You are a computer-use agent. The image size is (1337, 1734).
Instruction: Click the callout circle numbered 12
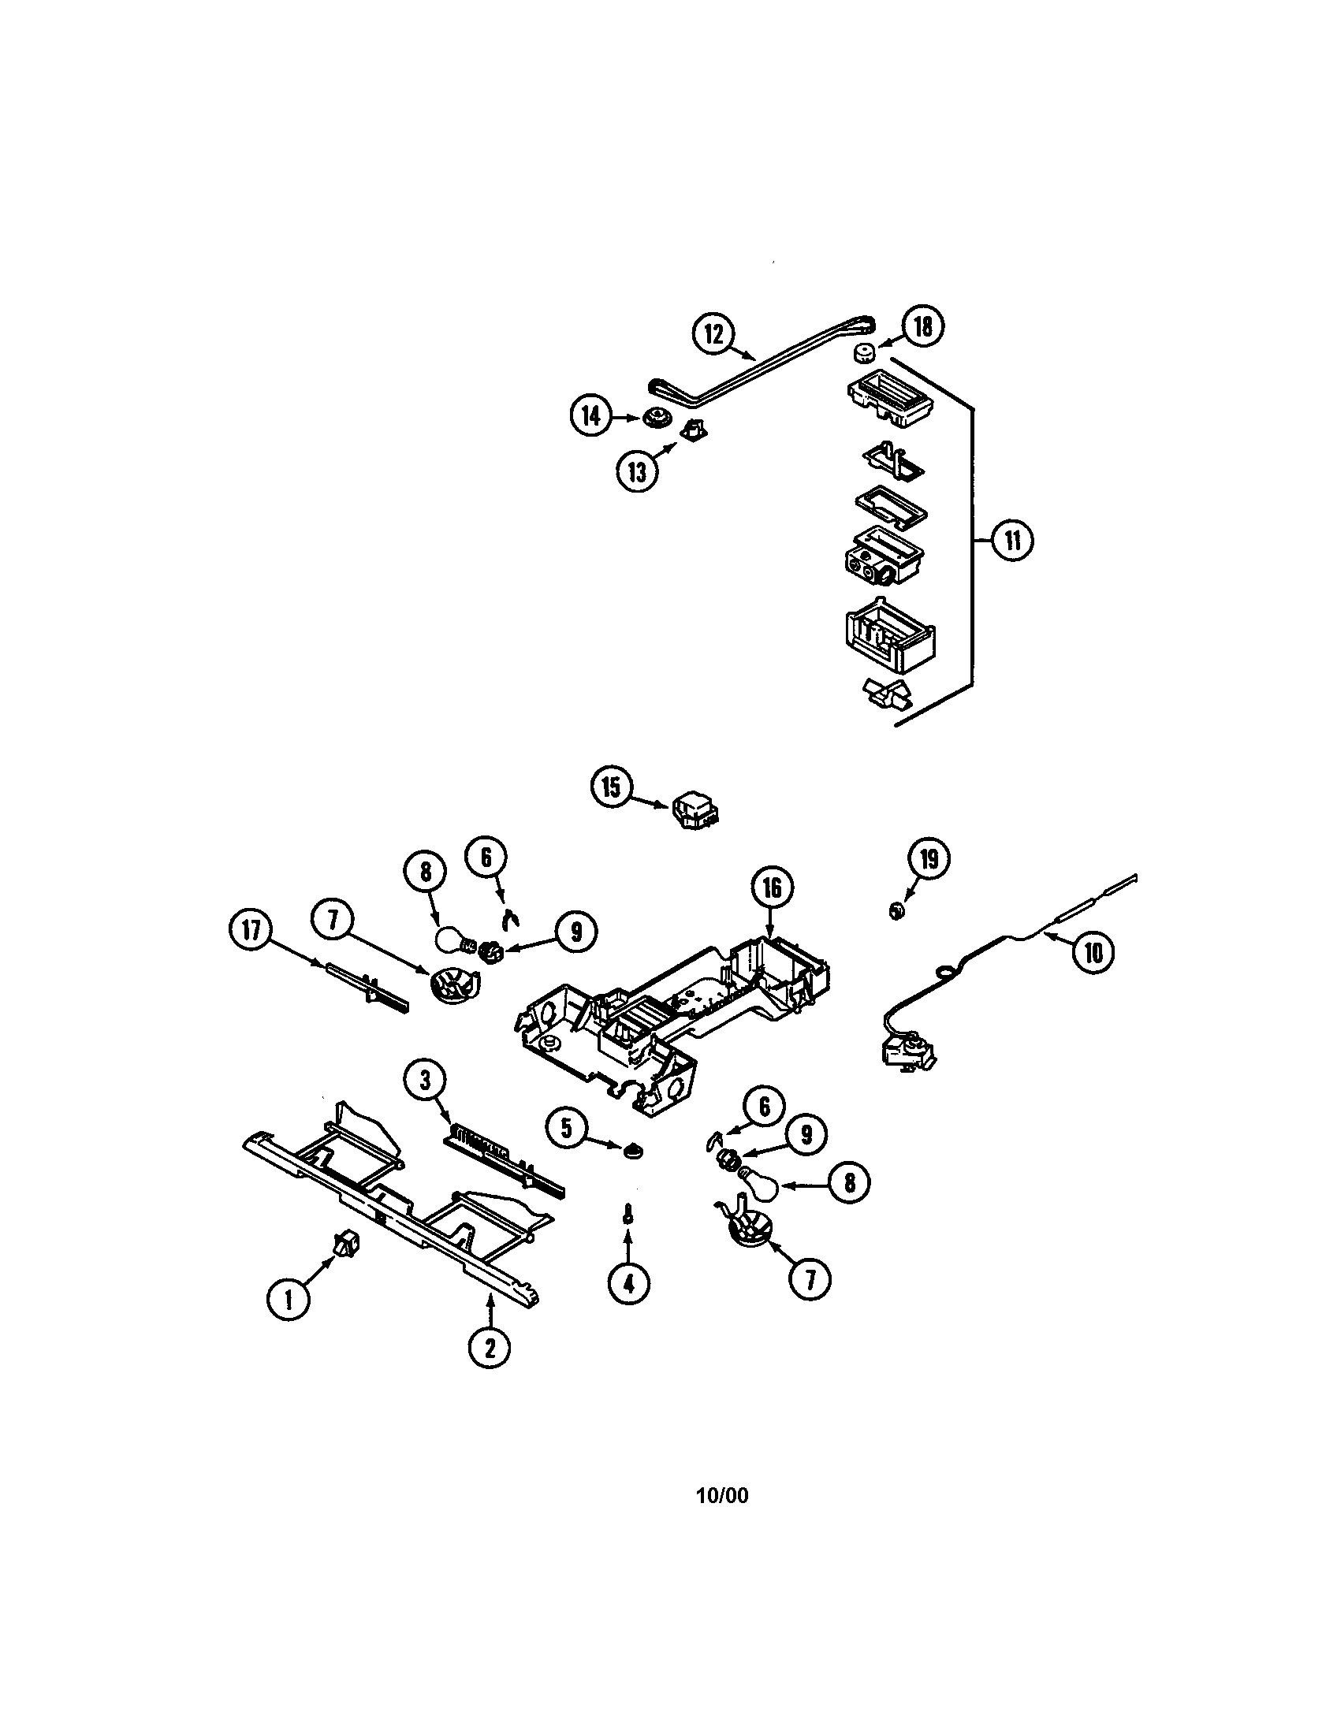pos(713,333)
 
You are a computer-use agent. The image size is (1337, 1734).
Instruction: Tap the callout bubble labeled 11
pos(1012,541)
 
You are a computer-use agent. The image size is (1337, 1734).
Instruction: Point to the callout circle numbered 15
pos(611,787)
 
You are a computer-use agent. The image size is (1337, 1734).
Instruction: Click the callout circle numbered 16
pos(772,888)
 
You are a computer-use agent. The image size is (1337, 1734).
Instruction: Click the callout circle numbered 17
pos(251,930)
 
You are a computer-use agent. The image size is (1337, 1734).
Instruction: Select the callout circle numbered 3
pos(425,1080)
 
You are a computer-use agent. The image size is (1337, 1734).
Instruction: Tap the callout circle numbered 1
pos(289,1300)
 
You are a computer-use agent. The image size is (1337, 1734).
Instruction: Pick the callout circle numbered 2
pos(488,1347)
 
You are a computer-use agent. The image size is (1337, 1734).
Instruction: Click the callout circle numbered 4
pos(629,1284)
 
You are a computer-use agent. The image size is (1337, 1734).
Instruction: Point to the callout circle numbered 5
pos(566,1128)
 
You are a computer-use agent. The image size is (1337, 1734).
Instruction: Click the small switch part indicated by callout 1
pos(345,1243)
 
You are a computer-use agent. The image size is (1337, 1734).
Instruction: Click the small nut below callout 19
pos(896,910)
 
